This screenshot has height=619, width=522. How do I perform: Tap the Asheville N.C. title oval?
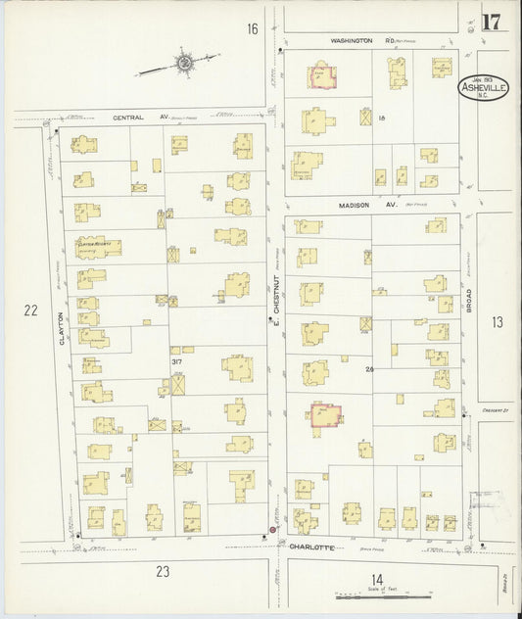[478, 88]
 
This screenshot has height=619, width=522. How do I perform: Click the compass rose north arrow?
[183, 66]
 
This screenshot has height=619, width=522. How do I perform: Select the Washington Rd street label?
[352, 41]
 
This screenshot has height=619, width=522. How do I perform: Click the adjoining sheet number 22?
[30, 310]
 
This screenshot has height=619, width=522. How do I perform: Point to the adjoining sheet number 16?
[252, 29]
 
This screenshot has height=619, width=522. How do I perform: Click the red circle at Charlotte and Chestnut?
[271, 531]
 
